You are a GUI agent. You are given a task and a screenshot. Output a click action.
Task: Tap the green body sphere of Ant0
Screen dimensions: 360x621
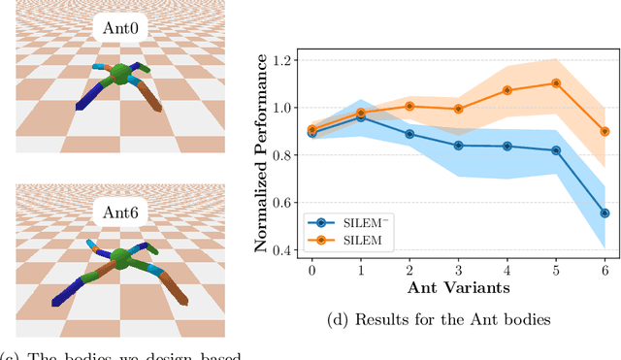click(120, 75)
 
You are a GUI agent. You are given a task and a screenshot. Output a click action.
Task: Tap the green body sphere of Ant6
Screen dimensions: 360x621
click(120, 259)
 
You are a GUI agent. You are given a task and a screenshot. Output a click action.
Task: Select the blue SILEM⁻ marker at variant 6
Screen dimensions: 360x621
click(605, 213)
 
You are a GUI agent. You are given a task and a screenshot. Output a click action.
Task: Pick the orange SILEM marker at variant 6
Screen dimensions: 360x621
click(605, 131)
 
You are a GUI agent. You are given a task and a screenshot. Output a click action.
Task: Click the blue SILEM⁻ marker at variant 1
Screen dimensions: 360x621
click(360, 116)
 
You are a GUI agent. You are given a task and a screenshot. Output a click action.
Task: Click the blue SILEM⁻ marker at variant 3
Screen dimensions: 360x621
click(458, 146)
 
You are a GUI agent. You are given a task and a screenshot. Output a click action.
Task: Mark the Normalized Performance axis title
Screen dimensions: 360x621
click(261, 155)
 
